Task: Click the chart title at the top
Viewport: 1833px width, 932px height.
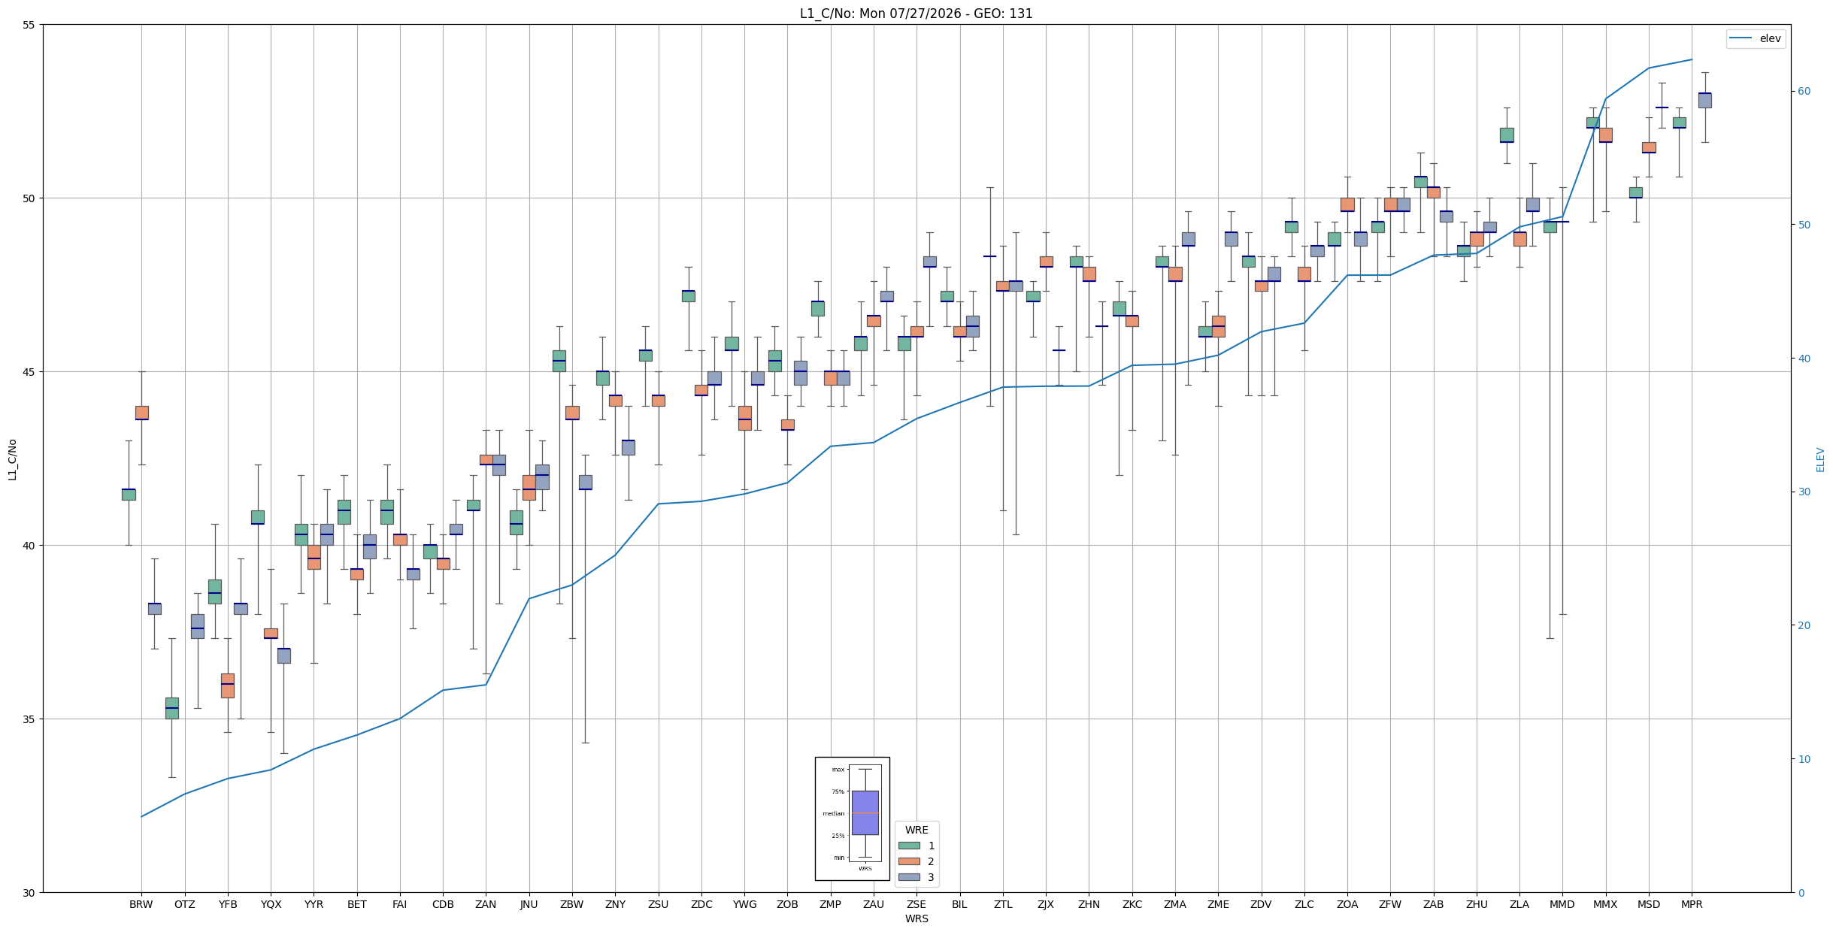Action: click(x=916, y=14)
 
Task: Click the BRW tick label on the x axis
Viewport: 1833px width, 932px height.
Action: click(x=141, y=904)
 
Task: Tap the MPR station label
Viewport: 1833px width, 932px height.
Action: click(x=1692, y=904)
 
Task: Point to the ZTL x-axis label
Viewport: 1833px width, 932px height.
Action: click(x=1003, y=904)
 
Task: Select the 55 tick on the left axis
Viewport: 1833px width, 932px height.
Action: click(x=30, y=25)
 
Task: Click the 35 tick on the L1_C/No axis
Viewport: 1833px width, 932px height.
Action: click(x=30, y=719)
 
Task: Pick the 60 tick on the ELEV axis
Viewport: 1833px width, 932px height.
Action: click(x=1804, y=92)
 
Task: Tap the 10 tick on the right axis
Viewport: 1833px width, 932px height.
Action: click(x=1804, y=759)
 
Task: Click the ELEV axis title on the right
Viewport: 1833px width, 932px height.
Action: click(x=1820, y=459)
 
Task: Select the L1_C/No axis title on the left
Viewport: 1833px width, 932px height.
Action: click(x=12, y=459)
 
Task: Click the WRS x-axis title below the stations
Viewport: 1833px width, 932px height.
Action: click(x=916, y=918)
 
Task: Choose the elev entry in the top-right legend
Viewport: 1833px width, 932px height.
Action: click(x=1756, y=38)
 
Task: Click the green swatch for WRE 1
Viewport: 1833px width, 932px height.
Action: click(x=909, y=846)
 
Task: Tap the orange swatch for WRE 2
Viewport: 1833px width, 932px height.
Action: click(x=909, y=861)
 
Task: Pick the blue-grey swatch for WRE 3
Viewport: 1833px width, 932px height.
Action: click(x=909, y=877)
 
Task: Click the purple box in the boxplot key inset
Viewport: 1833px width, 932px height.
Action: click(x=865, y=812)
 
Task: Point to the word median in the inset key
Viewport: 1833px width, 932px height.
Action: click(x=833, y=813)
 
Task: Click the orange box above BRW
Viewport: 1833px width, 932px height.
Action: click(x=142, y=413)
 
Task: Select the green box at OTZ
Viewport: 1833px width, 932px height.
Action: click(x=172, y=708)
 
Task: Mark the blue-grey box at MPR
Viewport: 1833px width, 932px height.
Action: click(x=1704, y=100)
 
